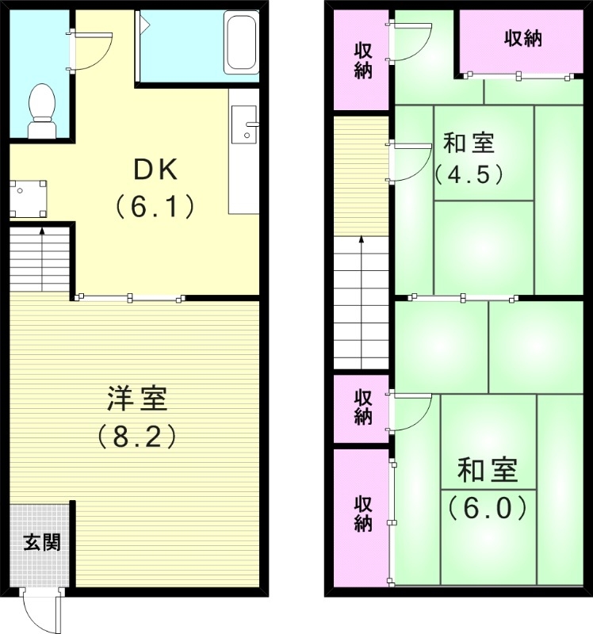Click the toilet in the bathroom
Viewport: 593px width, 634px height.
40,110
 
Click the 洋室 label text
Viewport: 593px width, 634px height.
136,399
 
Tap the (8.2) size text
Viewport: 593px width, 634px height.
136,437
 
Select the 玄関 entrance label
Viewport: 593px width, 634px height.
40,543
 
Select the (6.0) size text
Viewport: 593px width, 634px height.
488,507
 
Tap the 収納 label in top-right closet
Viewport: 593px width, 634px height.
523,38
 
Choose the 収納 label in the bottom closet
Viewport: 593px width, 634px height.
362,514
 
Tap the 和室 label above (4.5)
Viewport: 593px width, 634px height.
469,144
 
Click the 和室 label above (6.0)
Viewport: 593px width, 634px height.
488,471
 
